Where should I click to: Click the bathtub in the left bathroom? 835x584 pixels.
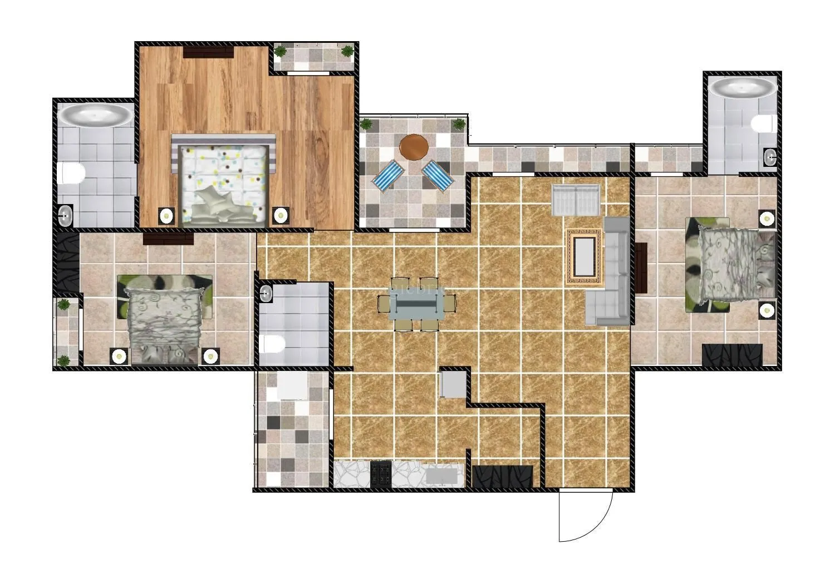coord(96,116)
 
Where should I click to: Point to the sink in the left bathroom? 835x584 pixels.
coord(66,215)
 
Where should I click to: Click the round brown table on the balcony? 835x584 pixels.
coord(414,147)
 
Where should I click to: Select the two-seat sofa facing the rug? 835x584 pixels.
coord(575,199)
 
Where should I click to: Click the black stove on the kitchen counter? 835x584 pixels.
coord(381,474)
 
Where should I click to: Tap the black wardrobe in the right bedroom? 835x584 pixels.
coord(731,355)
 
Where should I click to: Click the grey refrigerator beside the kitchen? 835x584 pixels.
coord(453,384)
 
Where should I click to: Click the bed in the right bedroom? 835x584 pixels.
coord(730,265)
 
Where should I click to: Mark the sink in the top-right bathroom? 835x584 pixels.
coord(770,157)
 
